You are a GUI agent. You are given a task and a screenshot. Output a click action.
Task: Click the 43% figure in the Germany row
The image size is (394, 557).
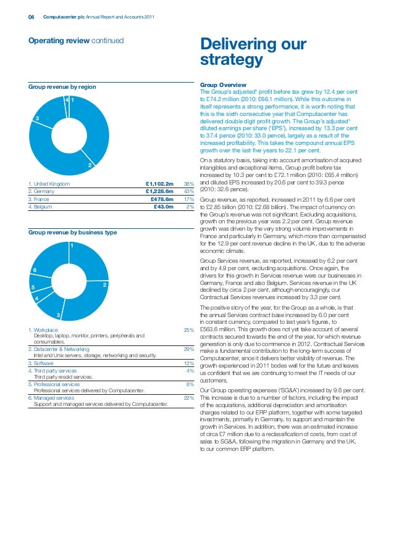(190, 192)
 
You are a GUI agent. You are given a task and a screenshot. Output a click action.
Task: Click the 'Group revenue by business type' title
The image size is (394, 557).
(72, 233)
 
